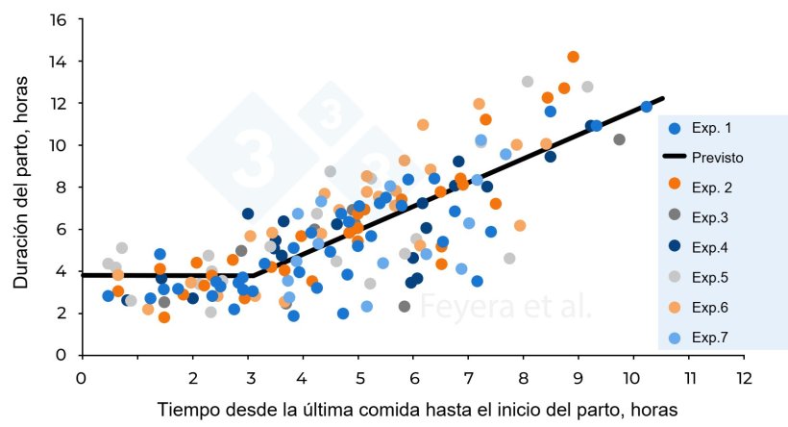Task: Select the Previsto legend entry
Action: point(712,156)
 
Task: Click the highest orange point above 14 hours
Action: point(573,57)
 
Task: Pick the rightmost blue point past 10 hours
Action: point(647,107)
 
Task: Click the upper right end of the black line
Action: point(663,98)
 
